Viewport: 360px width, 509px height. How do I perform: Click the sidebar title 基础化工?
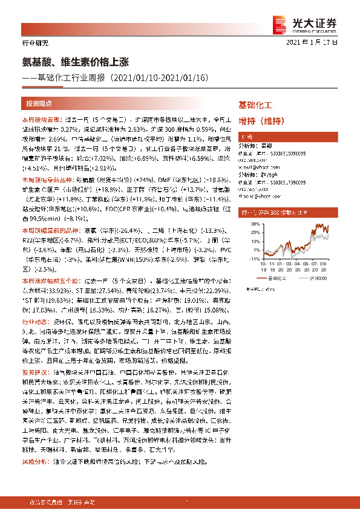(x=256, y=105)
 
